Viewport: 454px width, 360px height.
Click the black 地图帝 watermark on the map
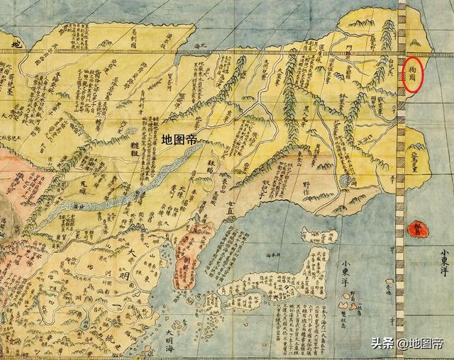[x=179, y=140]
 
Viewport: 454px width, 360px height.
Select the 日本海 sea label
[x=269, y=252]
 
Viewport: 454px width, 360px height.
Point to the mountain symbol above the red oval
[x=415, y=43]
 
